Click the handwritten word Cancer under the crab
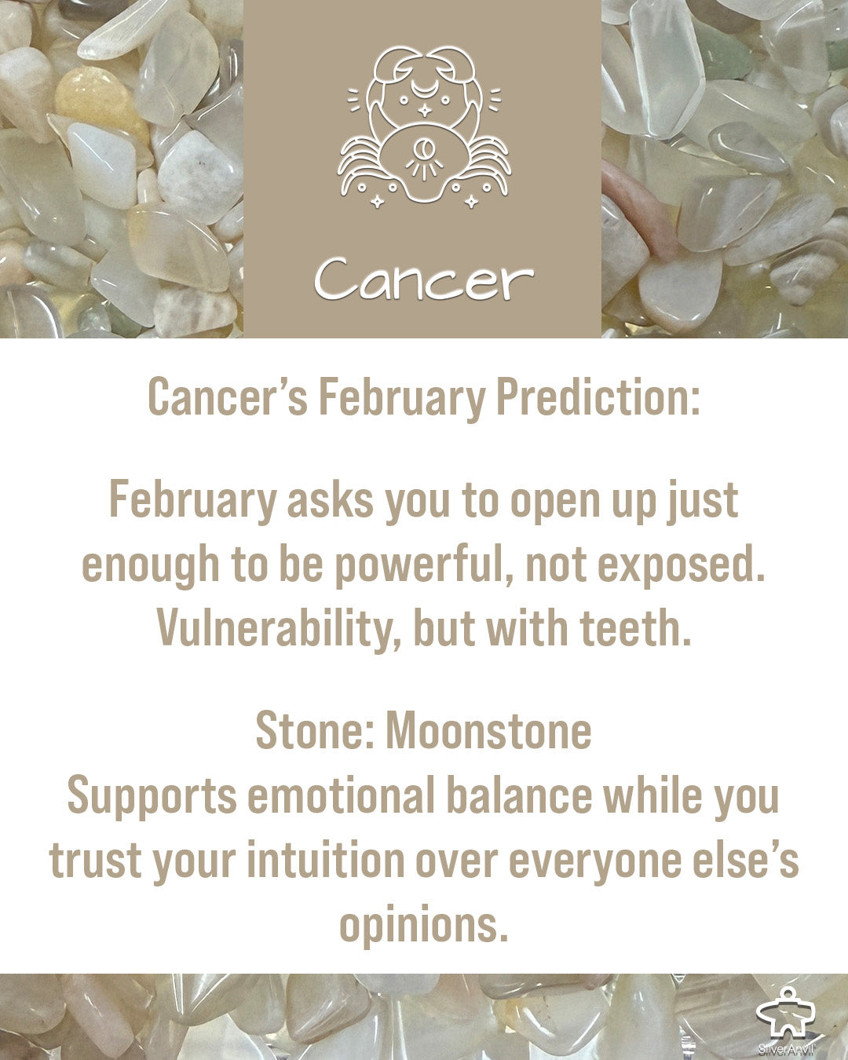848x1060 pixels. [424, 279]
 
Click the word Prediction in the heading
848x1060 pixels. [598, 397]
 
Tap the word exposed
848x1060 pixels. [682, 565]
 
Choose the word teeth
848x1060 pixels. [636, 627]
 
